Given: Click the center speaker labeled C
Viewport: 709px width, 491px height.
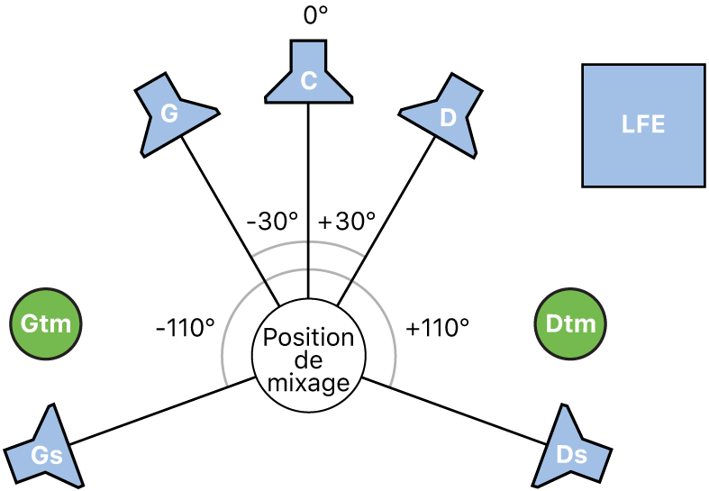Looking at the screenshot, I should click(x=308, y=76).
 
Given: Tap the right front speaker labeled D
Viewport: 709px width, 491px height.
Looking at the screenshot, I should click(x=445, y=114).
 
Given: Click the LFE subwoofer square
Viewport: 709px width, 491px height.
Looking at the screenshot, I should click(x=643, y=125).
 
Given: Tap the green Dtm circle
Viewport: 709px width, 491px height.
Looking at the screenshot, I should click(x=570, y=323).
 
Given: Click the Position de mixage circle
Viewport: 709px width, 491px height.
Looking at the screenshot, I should click(x=309, y=360).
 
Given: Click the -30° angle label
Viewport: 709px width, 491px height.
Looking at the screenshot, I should click(x=271, y=222).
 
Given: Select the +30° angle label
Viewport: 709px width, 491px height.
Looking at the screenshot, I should click(x=347, y=222).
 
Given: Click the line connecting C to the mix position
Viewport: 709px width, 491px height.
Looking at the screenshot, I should click(x=309, y=198).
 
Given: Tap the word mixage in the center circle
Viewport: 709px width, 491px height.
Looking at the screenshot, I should click(x=309, y=383).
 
